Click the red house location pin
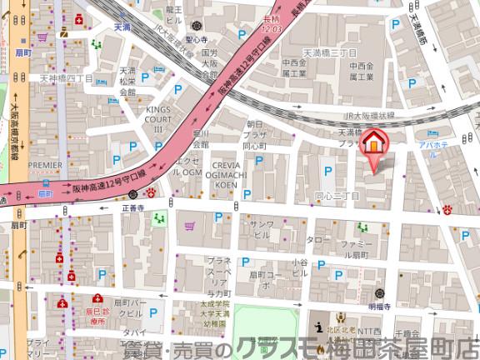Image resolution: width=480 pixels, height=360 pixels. pos(375,142)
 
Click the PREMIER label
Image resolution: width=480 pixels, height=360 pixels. pos(45,165)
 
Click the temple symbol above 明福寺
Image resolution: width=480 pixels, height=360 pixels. pos(380,292)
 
